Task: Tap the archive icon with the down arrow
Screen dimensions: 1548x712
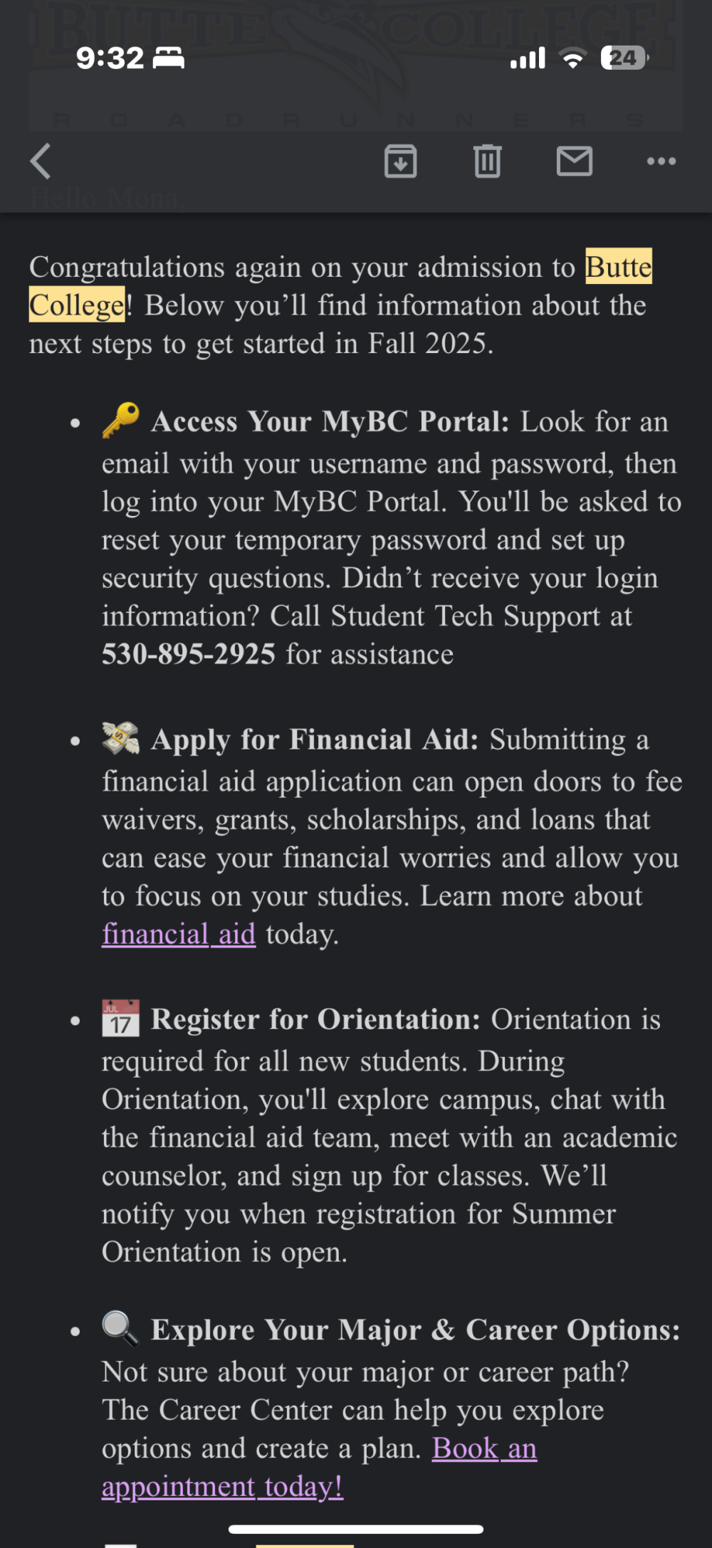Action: click(x=401, y=161)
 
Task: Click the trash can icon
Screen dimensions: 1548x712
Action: click(x=488, y=161)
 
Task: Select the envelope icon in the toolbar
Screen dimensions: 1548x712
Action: click(x=575, y=161)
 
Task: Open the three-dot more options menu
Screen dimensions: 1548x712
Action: click(x=661, y=161)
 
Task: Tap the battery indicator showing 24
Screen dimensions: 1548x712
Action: click(x=624, y=58)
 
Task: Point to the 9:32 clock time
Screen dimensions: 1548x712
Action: click(x=110, y=58)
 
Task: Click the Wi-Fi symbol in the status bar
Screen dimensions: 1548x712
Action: click(x=572, y=58)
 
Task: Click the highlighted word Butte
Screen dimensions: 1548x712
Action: click(x=618, y=267)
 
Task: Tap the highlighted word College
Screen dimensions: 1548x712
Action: click(x=77, y=305)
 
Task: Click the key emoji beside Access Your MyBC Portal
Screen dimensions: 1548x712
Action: click(x=120, y=420)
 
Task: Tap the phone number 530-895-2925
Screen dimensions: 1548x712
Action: click(x=189, y=654)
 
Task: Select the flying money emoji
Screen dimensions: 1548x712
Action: click(x=120, y=738)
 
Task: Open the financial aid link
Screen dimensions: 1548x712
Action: click(x=179, y=934)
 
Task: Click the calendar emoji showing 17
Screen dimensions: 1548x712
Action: click(x=120, y=1018)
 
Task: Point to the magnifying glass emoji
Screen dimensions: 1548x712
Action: click(x=120, y=1328)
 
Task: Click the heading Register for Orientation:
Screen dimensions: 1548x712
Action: click(x=316, y=1019)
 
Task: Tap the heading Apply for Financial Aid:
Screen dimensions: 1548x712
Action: click(x=315, y=739)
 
